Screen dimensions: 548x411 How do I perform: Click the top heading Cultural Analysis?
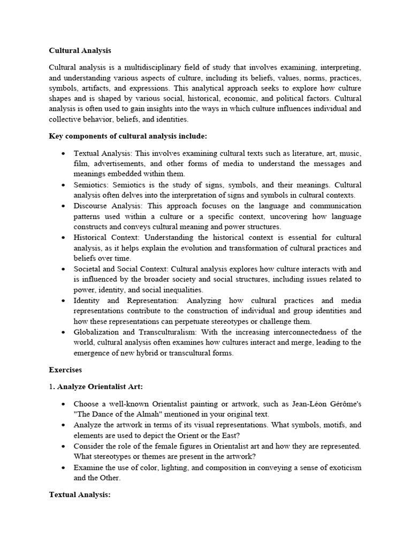80,51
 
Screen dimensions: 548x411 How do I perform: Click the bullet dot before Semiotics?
64,185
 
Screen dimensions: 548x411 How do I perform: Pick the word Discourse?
93,205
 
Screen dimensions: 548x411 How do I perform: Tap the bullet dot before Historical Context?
64,237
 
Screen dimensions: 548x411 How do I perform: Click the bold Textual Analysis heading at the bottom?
79,495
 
